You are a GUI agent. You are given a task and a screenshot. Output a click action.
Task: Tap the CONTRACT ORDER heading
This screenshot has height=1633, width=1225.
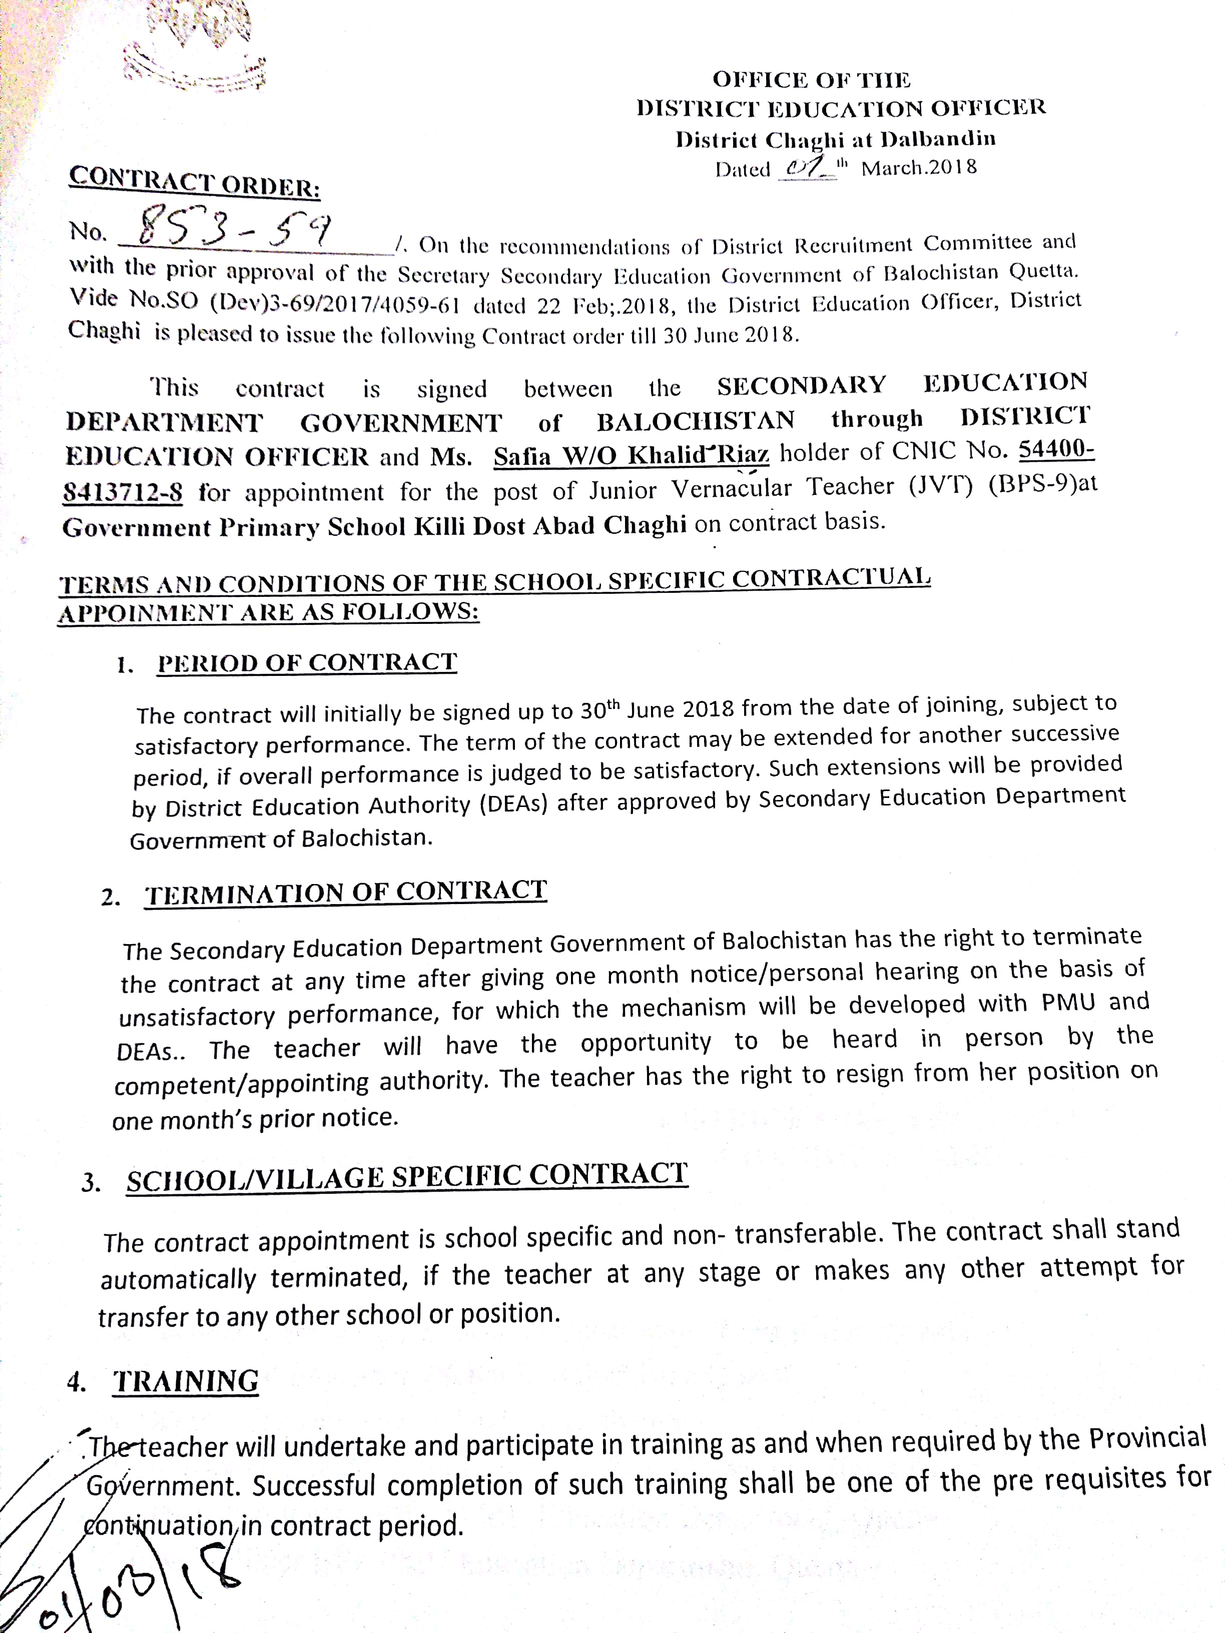pyautogui.click(x=194, y=182)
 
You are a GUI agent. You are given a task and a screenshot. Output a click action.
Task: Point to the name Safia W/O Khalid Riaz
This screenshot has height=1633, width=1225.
pyautogui.click(x=632, y=455)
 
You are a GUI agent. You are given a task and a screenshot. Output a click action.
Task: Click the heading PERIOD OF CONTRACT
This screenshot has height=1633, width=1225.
pyautogui.click(x=307, y=662)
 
